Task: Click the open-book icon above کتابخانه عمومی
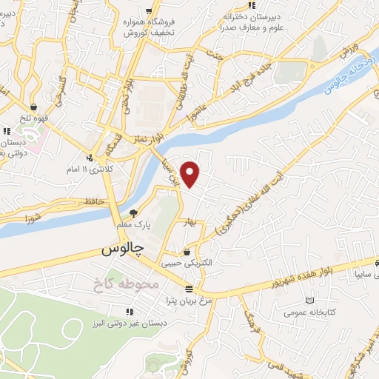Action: pyautogui.click(x=309, y=301)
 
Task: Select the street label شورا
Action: pyautogui.click(x=33, y=218)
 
